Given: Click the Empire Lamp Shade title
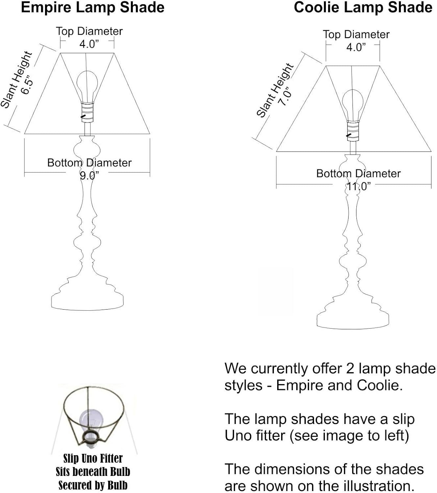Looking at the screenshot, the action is click(x=92, y=7).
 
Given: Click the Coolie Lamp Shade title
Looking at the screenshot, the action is click(x=363, y=7).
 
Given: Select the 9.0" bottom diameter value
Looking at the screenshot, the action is click(x=89, y=176).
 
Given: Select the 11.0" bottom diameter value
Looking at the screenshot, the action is click(x=358, y=186).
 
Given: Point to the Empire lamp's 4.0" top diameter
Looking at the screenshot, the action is click(x=89, y=44).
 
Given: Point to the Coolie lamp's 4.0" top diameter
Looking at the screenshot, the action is click(x=356, y=47).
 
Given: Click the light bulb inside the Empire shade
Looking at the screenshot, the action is click(x=87, y=84).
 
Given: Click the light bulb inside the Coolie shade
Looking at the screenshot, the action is click(x=353, y=103).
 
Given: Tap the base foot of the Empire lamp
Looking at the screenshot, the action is click(x=87, y=301).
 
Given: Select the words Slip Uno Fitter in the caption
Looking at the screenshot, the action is click(x=93, y=458).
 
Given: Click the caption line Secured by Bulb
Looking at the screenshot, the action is click(x=93, y=485).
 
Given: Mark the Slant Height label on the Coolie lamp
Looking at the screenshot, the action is click(x=274, y=90).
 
